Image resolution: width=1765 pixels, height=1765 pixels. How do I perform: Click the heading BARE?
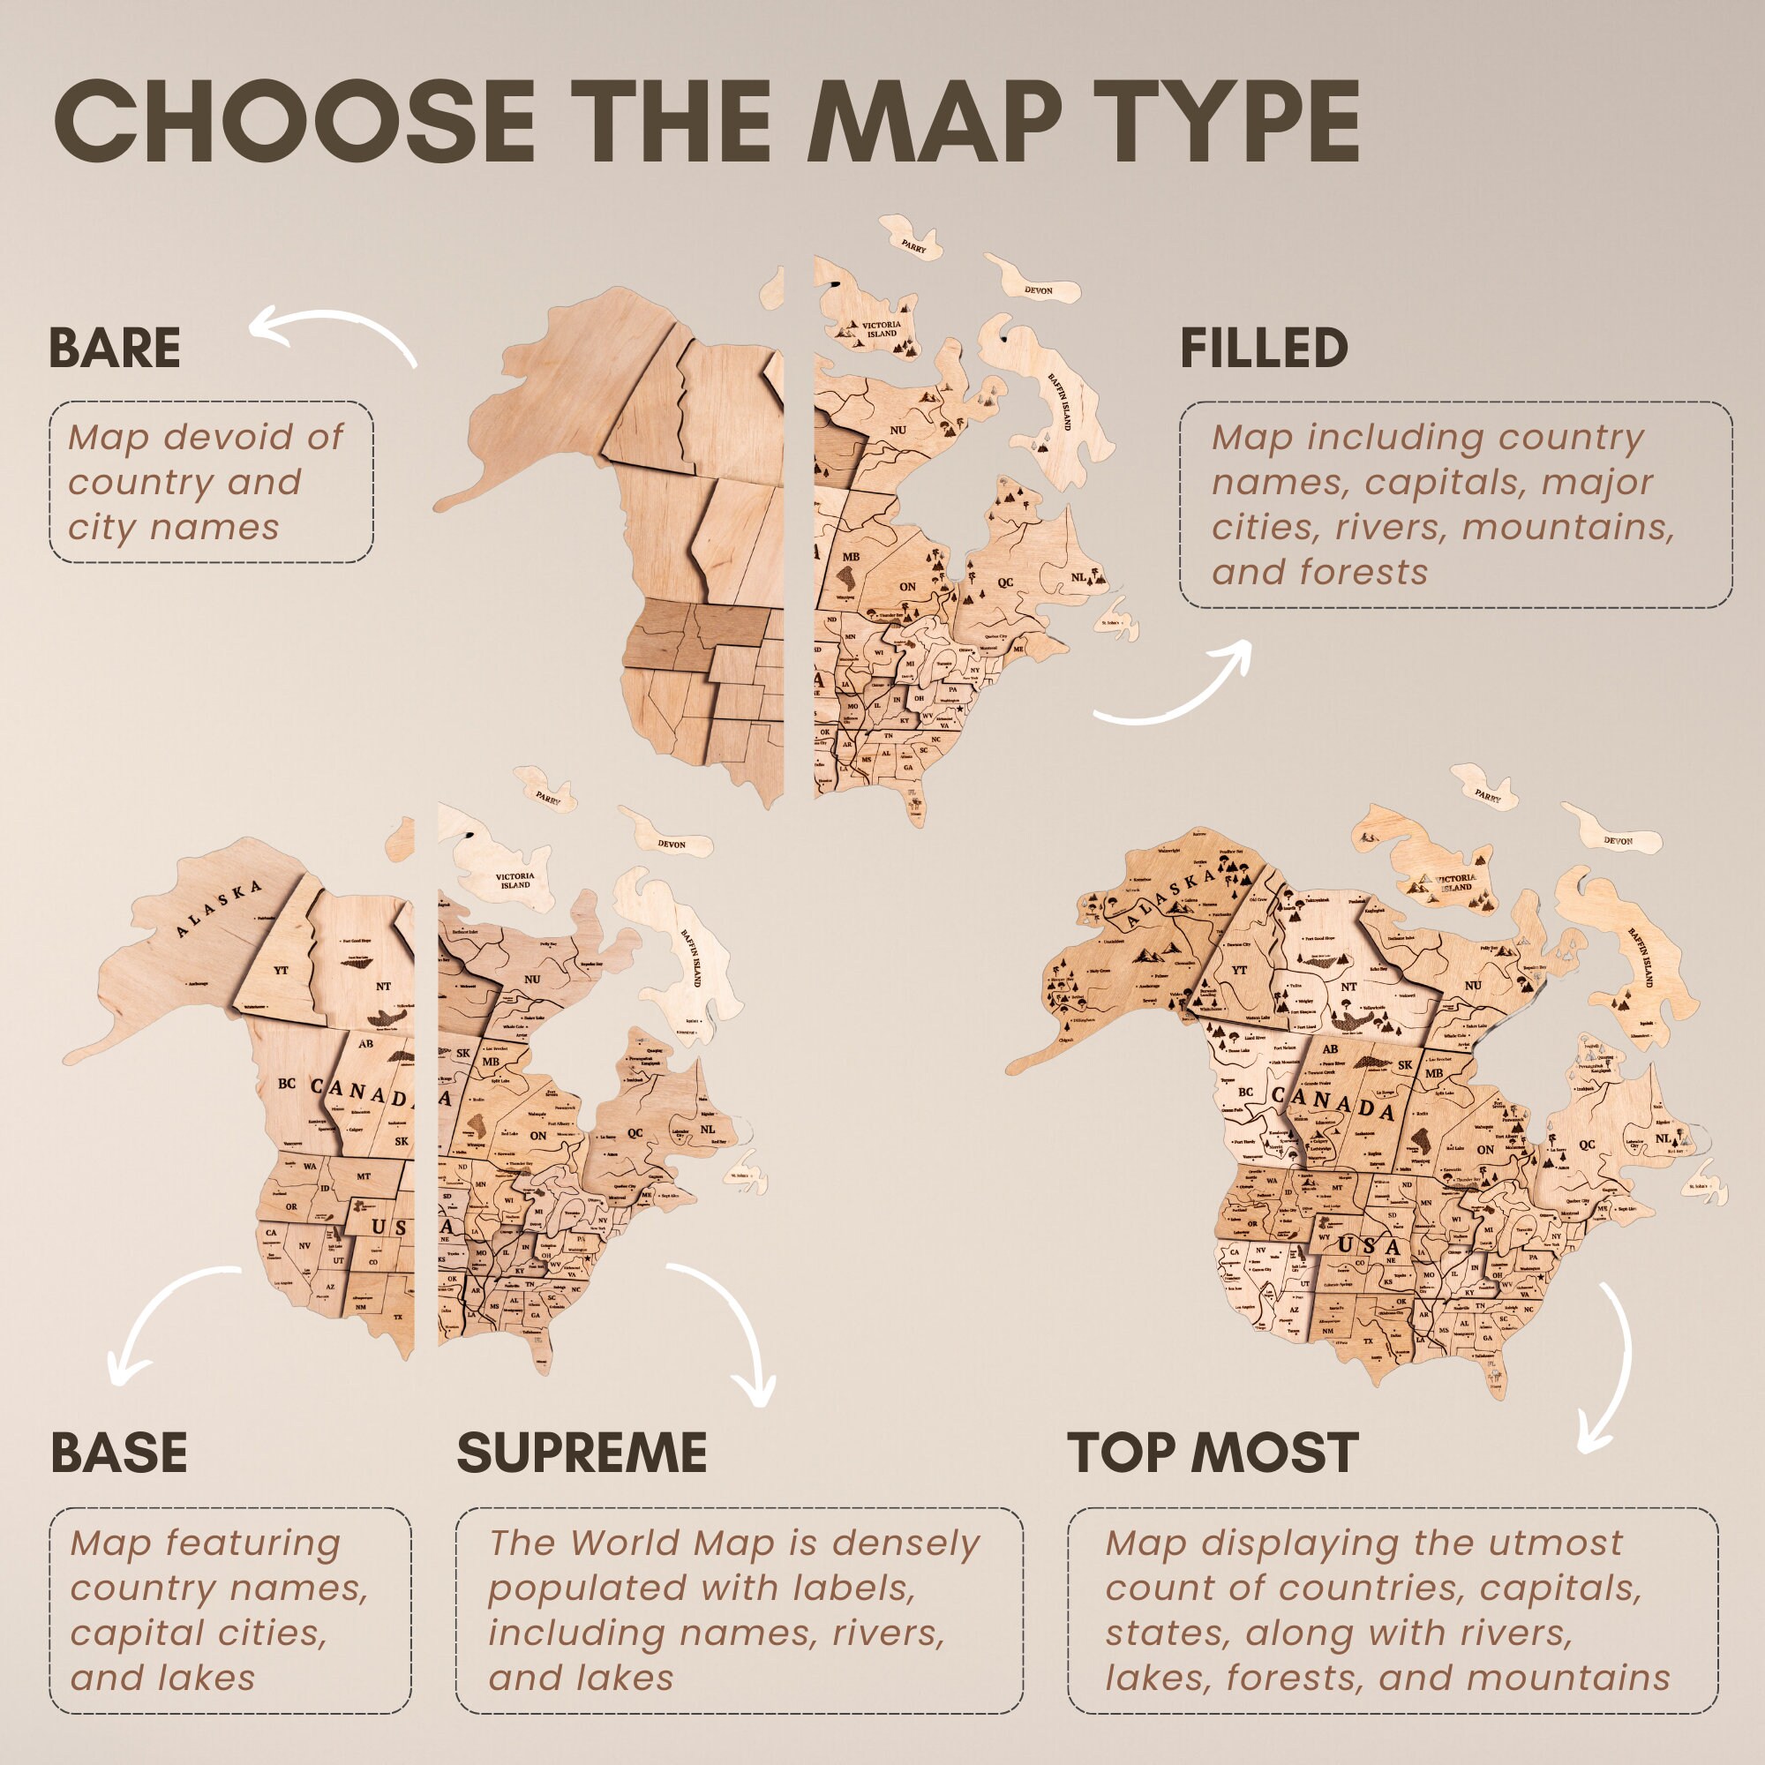114,348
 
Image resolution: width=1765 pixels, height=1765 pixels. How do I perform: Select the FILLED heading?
1264,348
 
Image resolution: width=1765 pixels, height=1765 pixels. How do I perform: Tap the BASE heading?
119,1453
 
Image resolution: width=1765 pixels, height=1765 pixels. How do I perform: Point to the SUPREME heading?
582,1453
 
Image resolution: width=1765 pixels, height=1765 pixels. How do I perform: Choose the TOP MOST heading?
1213,1453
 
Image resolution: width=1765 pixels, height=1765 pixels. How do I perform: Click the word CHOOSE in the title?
294,122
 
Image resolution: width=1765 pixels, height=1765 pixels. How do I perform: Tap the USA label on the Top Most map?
1368,1246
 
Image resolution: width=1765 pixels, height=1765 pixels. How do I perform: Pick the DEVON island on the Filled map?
1038,289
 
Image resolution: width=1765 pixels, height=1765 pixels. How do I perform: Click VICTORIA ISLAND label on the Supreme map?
514,881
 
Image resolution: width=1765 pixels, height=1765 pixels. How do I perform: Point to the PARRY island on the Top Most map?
1487,795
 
